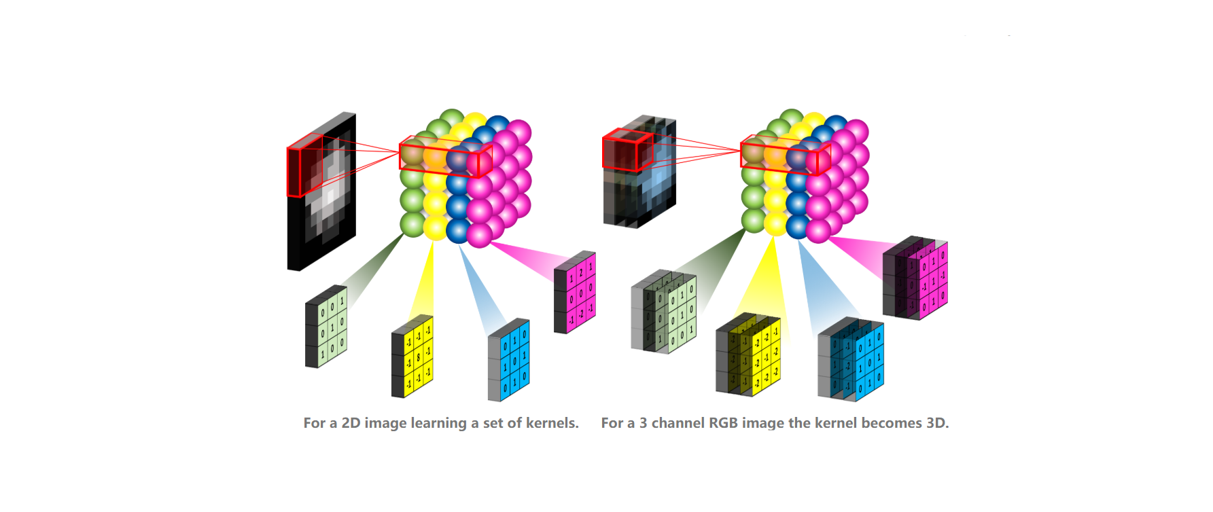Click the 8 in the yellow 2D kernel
coord(419,356)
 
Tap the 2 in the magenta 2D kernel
coord(581,272)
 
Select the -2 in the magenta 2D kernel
coord(581,314)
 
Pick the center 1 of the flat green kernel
coord(332,327)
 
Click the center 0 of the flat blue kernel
coord(514,361)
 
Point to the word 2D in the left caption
coord(351,423)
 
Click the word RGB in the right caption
coord(723,423)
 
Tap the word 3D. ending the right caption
coord(936,423)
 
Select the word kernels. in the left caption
coord(552,423)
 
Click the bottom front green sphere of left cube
coord(412,223)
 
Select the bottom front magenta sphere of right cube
coord(818,231)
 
